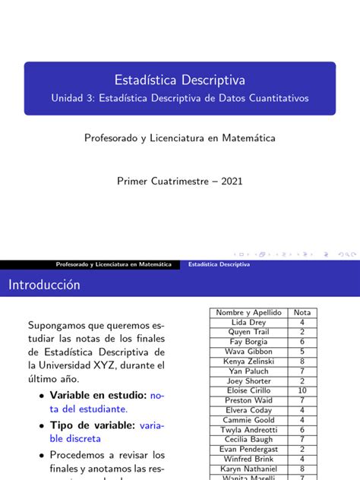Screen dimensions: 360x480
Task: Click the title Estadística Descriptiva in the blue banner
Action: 179,80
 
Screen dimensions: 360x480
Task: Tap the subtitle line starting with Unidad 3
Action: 180,99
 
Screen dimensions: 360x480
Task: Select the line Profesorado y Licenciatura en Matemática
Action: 179,138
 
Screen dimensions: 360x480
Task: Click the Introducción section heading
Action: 44,285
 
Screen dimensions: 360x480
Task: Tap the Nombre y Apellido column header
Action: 248,312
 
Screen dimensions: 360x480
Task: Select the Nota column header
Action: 302,312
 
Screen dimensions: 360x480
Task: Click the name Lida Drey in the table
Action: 248,322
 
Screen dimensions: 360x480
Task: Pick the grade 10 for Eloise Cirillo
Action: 302,390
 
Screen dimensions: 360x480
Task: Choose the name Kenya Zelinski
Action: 248,362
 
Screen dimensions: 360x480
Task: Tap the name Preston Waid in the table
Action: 248,400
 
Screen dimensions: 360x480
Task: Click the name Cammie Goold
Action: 248,420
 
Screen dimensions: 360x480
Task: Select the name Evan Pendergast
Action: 248,449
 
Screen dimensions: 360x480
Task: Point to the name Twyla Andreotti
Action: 248,430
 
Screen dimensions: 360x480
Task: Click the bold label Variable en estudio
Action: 98,396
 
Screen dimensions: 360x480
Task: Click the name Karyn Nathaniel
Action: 248,469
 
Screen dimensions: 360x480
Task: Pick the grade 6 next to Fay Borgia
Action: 302,342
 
